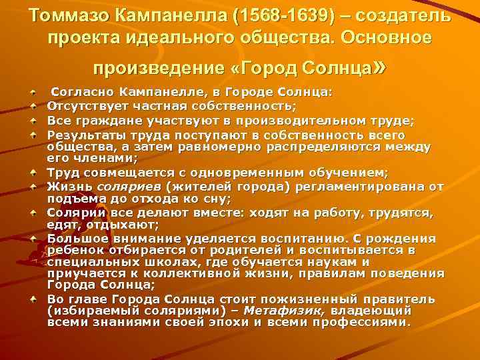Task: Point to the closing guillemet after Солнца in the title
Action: (x=380, y=67)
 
